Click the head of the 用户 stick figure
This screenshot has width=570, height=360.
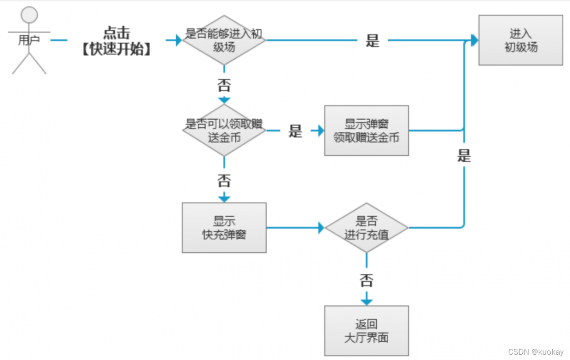[29, 15]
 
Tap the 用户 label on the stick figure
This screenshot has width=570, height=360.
[29, 40]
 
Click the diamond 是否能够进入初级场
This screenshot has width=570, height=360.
[224, 40]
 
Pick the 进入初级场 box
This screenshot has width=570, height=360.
[521, 40]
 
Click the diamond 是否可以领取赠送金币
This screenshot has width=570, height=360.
[224, 130]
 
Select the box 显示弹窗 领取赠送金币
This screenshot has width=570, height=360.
[366, 130]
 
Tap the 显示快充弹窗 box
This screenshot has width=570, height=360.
[224, 228]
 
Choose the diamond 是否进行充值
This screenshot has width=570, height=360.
[366, 228]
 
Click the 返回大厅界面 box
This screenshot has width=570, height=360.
[366, 331]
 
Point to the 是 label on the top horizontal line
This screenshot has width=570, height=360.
[372, 41]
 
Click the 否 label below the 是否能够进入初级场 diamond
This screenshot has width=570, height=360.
[224, 84]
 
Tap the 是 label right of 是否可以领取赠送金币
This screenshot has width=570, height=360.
[295, 131]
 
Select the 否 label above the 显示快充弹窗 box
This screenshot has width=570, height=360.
[224, 181]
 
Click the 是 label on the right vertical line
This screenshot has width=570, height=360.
[464, 156]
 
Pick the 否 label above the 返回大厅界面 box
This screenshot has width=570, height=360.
[366, 280]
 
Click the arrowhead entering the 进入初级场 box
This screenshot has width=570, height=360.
[474, 40]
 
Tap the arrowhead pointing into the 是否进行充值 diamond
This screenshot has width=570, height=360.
[321, 228]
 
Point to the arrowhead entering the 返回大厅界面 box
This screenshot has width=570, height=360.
[366, 302]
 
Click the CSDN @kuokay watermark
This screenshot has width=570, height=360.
[536, 352]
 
